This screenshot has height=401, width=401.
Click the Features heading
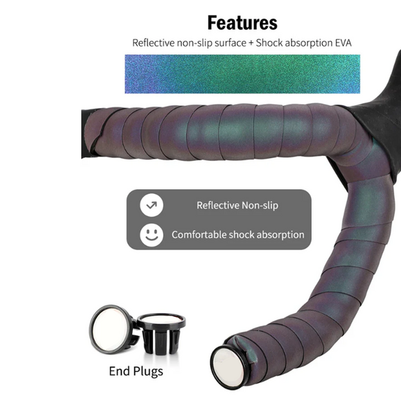[242, 23]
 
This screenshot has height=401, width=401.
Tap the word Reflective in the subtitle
[153, 43]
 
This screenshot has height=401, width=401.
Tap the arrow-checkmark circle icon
[151, 206]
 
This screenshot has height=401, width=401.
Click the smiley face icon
[151, 234]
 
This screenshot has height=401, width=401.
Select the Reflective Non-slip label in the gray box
[237, 206]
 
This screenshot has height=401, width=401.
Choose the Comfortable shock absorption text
[237, 235]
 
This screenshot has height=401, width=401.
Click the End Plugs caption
[136, 371]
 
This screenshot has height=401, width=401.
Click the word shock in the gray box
[241, 235]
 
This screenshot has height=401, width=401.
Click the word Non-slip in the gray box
[259, 206]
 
